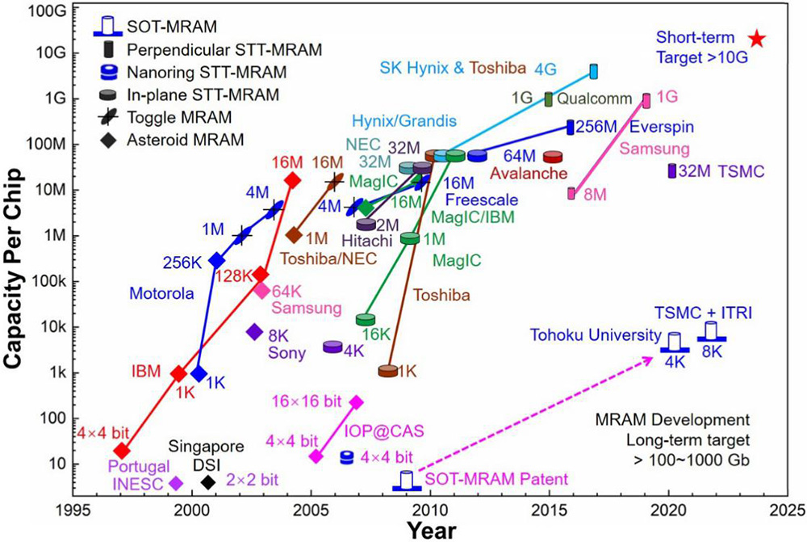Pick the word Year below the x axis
pos(433,529)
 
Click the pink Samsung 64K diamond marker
pos(262,291)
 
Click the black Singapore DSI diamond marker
pos(208,482)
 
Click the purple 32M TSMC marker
pos(671,171)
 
